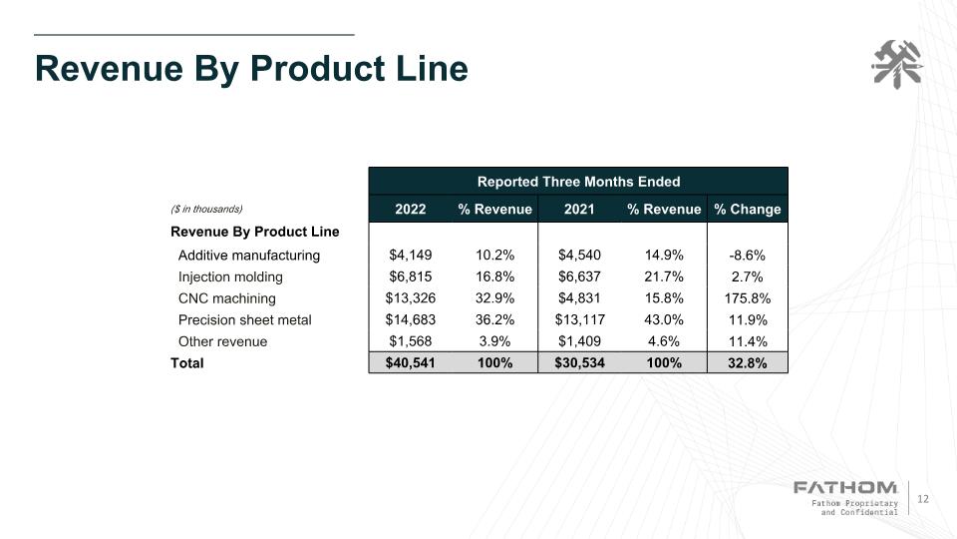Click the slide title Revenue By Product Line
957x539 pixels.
[251, 69]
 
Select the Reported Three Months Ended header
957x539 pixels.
[578, 182]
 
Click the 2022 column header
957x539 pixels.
[411, 210]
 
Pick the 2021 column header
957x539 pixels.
[579, 210]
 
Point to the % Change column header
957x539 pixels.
[748, 210]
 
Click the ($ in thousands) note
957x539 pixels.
[206, 210]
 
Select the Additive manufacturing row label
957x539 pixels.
[249, 256]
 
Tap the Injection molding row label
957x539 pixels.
[230, 277]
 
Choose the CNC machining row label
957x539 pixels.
[227, 298]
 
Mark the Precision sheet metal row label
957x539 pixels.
[244, 320]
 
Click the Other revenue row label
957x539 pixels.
[223, 341]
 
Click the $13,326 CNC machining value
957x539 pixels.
[411, 298]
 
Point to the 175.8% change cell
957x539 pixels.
[748, 298]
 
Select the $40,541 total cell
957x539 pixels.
[411, 363]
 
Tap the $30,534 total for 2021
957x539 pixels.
[579, 363]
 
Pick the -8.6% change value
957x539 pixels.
[748, 256]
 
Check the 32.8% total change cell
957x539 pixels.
[748, 363]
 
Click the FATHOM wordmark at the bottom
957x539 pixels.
[844, 487]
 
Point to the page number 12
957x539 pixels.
[922, 499]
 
